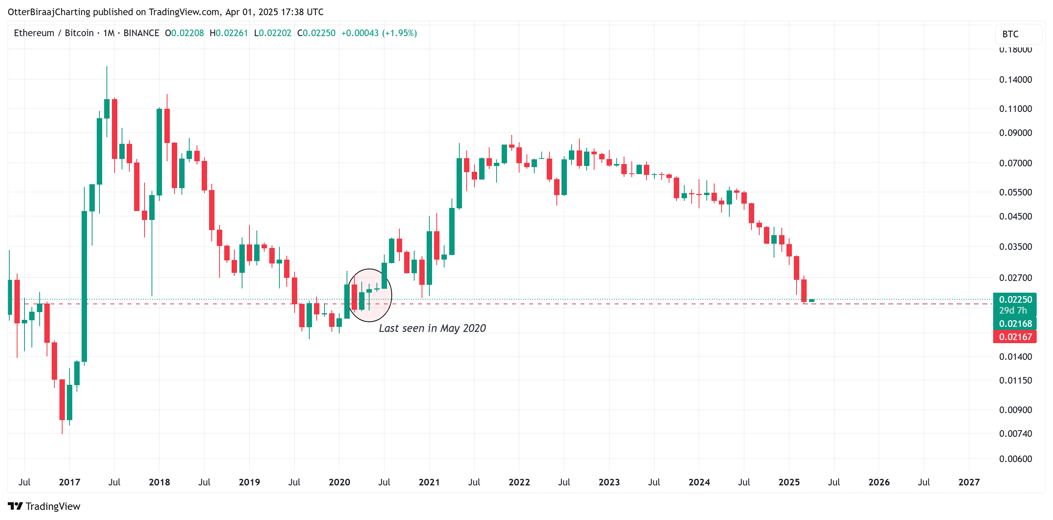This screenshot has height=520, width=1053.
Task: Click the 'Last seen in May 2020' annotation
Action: click(432, 328)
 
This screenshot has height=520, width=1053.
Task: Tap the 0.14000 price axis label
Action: click(1015, 80)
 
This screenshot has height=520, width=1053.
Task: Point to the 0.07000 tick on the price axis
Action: click(1015, 163)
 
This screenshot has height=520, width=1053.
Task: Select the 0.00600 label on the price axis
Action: click(1015, 459)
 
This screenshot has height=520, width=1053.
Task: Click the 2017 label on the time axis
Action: click(70, 482)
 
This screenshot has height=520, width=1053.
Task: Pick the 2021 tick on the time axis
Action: click(429, 482)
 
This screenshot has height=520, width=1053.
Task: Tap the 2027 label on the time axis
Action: click(969, 482)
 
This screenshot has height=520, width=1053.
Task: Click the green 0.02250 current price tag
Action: click(1015, 300)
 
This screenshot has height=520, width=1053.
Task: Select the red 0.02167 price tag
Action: click(1015, 337)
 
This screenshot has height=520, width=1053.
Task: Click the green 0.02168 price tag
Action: click(1015, 324)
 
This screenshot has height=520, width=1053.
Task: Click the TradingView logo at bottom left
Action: click(44, 506)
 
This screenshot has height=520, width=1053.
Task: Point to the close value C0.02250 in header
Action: click(316, 33)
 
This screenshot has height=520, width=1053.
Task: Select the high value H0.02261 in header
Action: click(228, 33)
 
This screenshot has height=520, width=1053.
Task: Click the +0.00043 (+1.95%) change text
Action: click(379, 33)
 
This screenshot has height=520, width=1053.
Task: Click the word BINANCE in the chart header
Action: click(141, 33)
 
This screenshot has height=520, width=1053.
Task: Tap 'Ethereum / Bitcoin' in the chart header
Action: click(54, 33)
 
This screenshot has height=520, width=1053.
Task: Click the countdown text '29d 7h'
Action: click(1013, 311)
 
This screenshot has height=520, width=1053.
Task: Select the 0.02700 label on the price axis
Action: click(1015, 278)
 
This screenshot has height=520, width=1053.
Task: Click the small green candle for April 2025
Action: click(811, 301)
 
